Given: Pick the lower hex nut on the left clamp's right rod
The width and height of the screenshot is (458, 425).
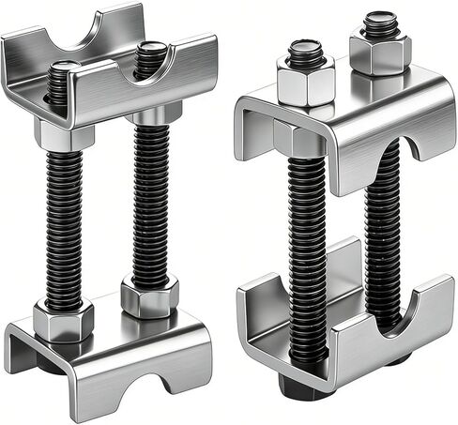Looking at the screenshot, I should coord(150,298).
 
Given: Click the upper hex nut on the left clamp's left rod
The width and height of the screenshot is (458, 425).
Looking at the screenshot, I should coord(64,135).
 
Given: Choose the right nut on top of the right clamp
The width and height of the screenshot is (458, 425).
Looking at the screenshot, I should coord(380,52).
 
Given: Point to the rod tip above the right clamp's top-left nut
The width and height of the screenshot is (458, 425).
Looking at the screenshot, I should coord(306,52).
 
